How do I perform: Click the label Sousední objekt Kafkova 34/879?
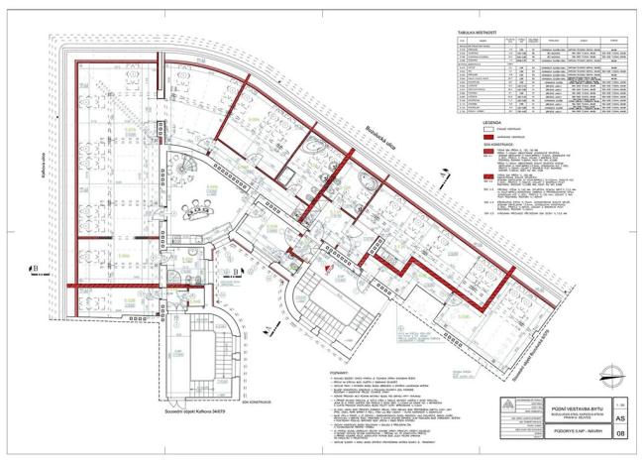click(x=210, y=406)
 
